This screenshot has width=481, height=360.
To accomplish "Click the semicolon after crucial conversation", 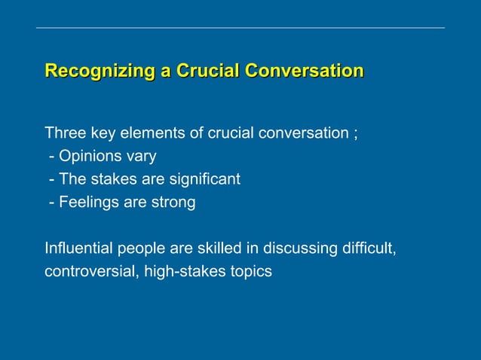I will pyautogui.click(x=354, y=135).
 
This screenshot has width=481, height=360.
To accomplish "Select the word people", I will pyautogui.click(x=139, y=248).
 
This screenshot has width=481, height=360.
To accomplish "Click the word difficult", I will pyautogui.click(x=369, y=248).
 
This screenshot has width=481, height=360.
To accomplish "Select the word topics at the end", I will pyautogui.click(x=251, y=271).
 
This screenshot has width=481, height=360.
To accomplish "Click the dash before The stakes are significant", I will pyautogui.click(x=51, y=180).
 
